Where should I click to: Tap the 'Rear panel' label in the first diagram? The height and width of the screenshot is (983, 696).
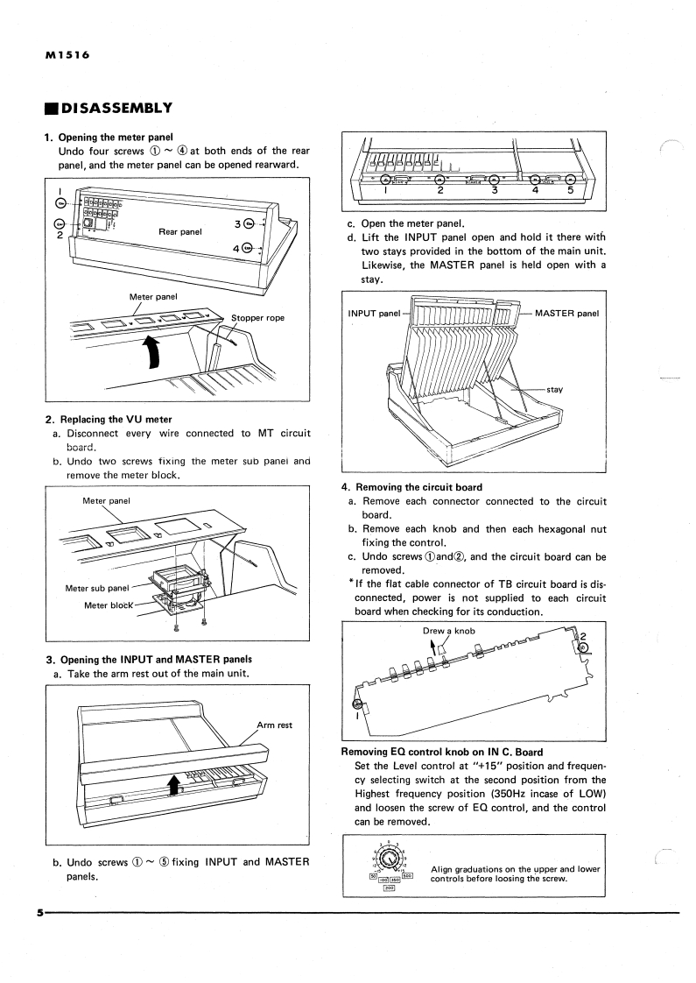pos(180,232)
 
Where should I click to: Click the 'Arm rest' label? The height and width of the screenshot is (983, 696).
pos(274,725)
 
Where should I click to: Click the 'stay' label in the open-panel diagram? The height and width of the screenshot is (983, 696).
pos(555,389)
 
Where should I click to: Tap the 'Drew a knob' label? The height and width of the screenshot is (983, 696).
pos(450,631)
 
